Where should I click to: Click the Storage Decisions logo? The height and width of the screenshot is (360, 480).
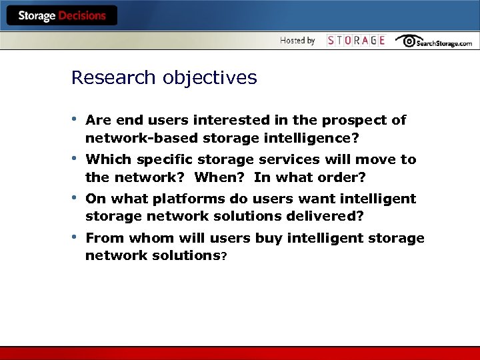pyautogui.click(x=62, y=15)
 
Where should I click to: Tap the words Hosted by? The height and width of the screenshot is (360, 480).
pyautogui.click(x=297, y=41)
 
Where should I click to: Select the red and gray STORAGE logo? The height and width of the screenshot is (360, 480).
pyautogui.click(x=356, y=41)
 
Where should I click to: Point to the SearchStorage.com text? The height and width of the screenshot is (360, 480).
pyautogui.click(x=444, y=43)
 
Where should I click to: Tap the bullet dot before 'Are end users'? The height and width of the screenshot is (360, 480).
pyautogui.click(x=75, y=120)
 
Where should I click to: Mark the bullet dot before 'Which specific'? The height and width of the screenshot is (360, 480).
pyautogui.click(x=75, y=159)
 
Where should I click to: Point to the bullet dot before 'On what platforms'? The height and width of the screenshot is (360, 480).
pyautogui.click(x=75, y=199)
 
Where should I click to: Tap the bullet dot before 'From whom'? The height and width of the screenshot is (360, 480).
pyautogui.click(x=75, y=238)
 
